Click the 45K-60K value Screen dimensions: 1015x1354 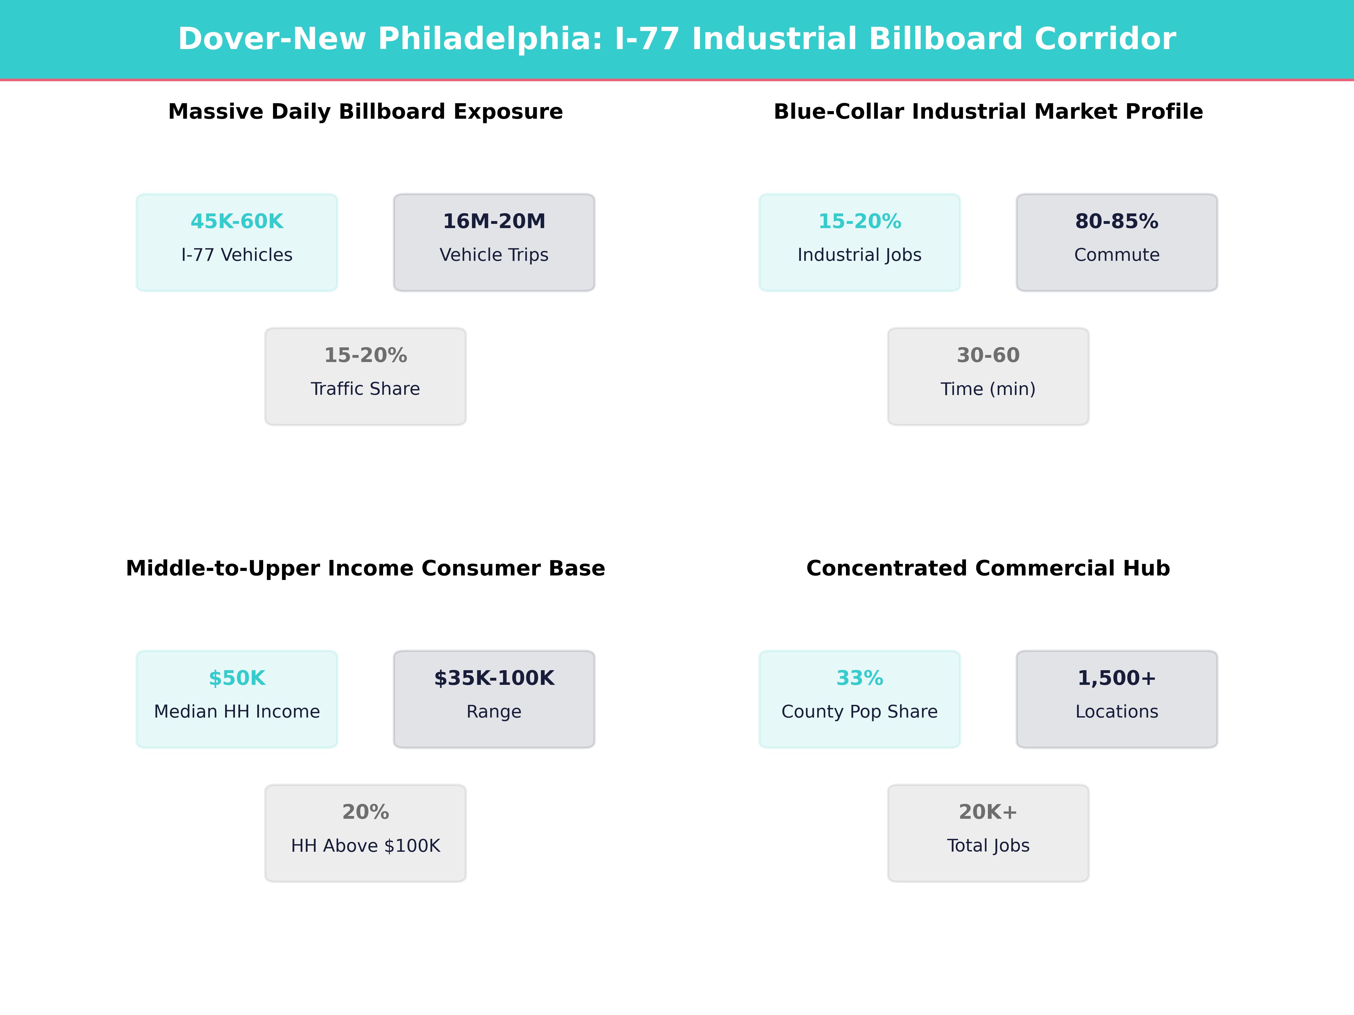237,222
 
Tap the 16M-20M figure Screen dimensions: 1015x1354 494,222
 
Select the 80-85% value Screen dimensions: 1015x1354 1116,222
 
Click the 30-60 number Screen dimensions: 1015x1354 988,356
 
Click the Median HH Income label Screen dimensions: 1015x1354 237,712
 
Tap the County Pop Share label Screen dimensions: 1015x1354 860,712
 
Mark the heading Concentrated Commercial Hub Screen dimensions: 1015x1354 988,568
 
